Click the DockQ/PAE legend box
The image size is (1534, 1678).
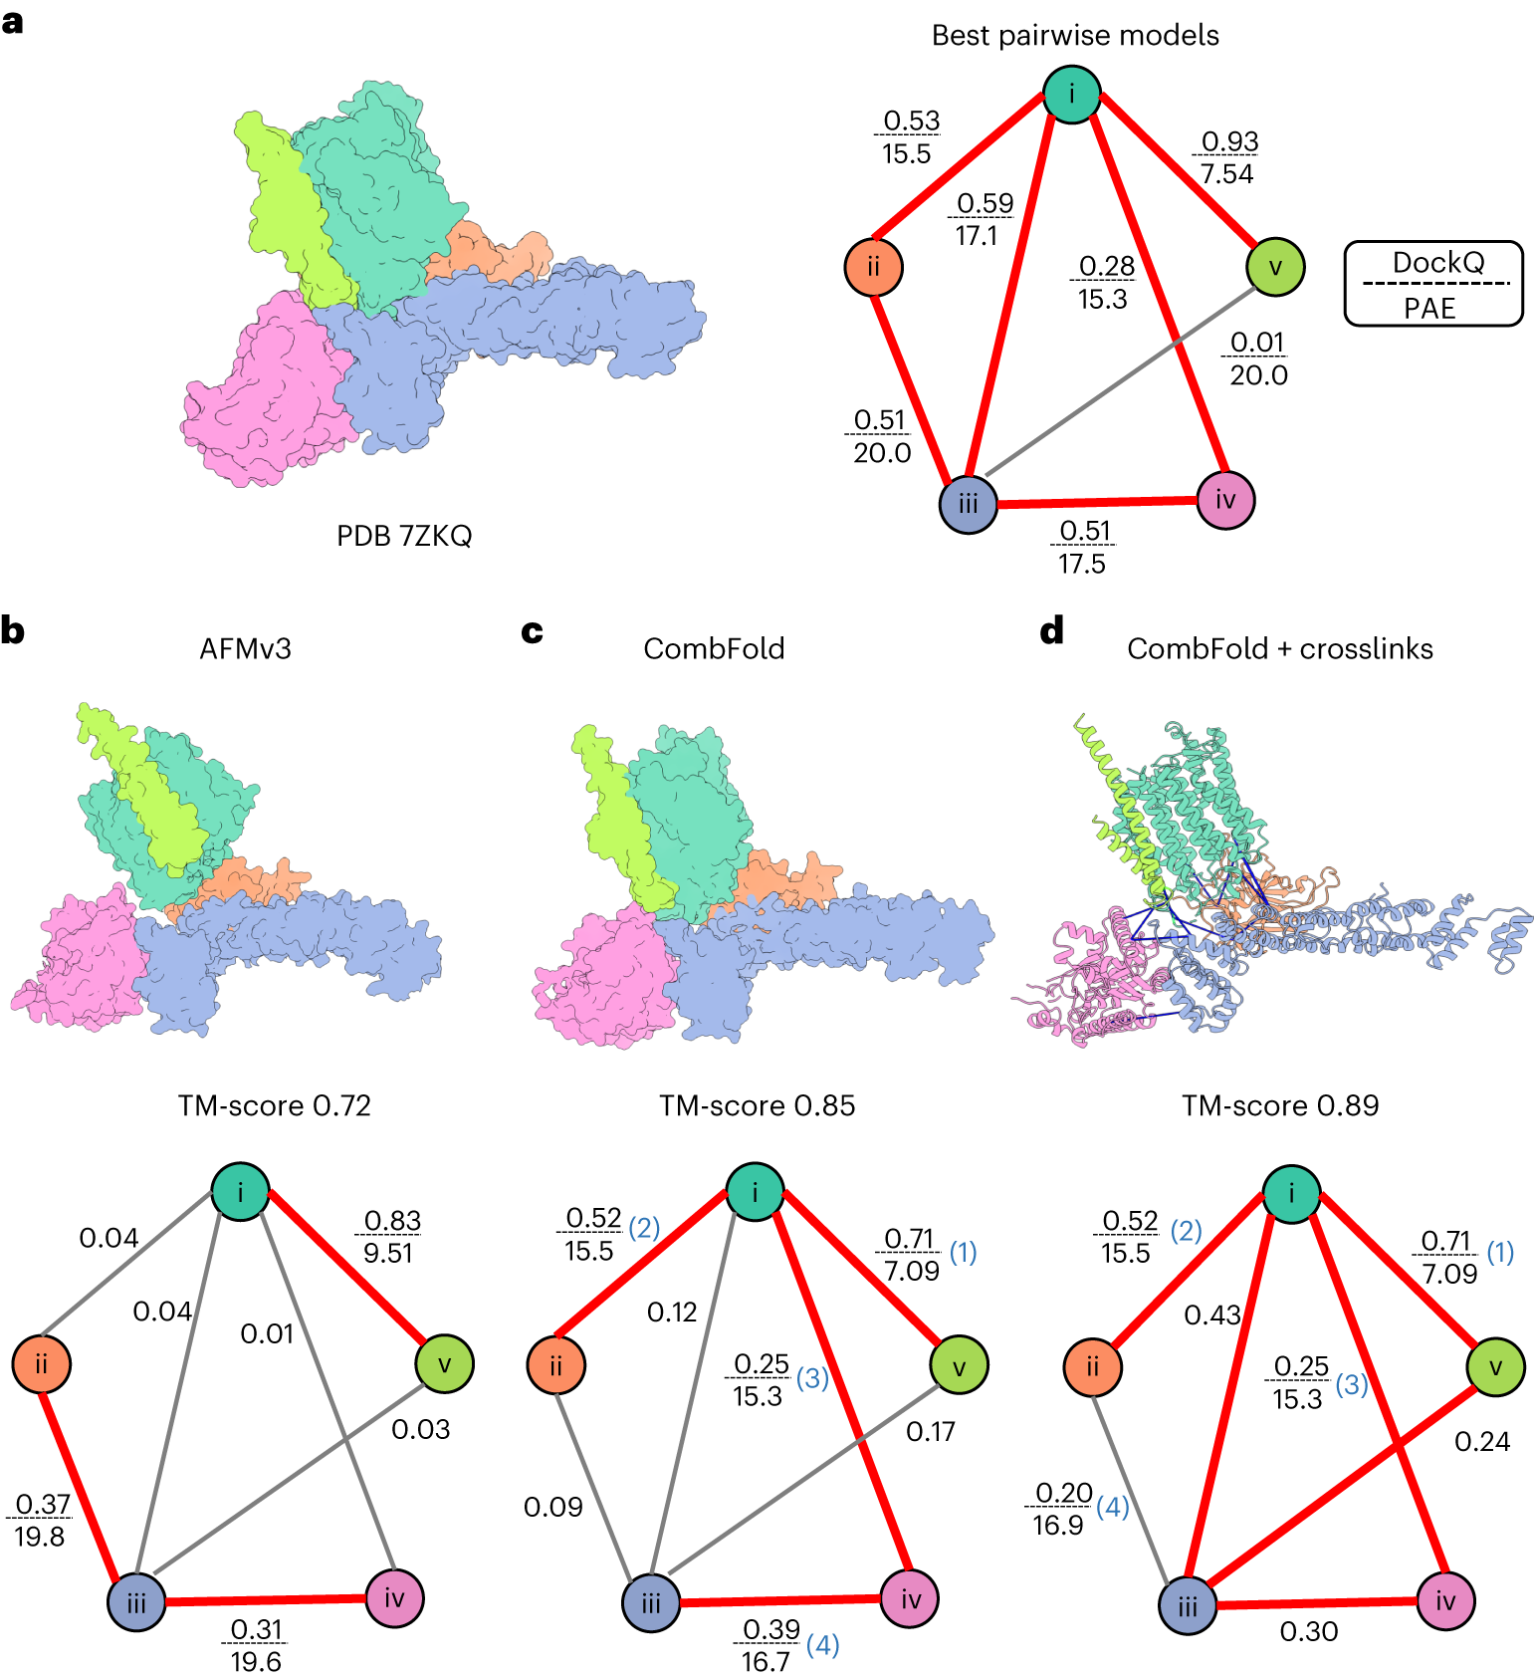pyautogui.click(x=1432, y=284)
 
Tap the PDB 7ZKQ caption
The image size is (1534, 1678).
pyautogui.click(x=404, y=536)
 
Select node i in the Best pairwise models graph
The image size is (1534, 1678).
pyautogui.click(x=1071, y=95)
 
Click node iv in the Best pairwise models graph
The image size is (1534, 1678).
pyautogui.click(x=1225, y=500)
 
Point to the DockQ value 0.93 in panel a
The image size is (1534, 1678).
pyautogui.click(x=1229, y=141)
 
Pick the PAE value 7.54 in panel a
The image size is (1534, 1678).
pyautogui.click(x=1226, y=174)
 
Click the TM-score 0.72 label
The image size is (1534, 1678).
pyautogui.click(x=274, y=1105)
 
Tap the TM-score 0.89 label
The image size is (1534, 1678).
pyautogui.click(x=1280, y=1105)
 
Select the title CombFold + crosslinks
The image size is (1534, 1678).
pyautogui.click(x=1279, y=648)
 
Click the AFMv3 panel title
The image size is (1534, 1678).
pyautogui.click(x=245, y=648)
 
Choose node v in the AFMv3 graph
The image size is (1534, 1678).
pyautogui.click(x=444, y=1363)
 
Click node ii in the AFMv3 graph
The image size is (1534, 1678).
pyautogui.click(x=41, y=1363)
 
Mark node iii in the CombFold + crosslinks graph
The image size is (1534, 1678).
pyautogui.click(x=1188, y=1605)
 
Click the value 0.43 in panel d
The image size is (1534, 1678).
pyautogui.click(x=1211, y=1316)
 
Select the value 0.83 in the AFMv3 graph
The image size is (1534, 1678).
pyautogui.click(x=392, y=1221)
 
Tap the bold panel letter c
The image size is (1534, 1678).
pyautogui.click(x=533, y=631)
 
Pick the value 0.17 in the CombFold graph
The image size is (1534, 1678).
pyautogui.click(x=930, y=1432)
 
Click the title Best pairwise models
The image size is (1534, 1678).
pyautogui.click(x=1075, y=36)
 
